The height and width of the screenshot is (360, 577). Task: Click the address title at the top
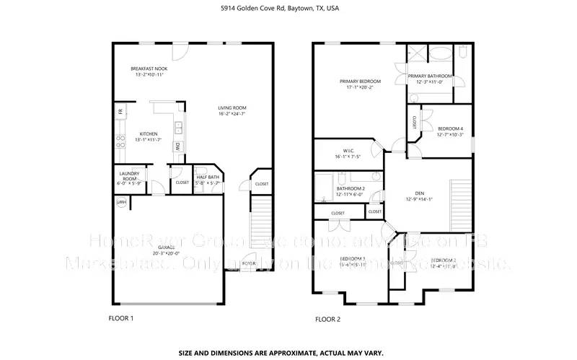pos(288,9)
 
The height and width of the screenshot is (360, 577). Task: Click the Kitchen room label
pos(149,133)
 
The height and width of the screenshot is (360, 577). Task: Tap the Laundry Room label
pos(128,176)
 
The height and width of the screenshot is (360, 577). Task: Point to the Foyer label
pos(249,264)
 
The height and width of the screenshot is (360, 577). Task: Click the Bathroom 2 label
pos(351,189)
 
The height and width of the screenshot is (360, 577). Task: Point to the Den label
pos(420,193)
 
